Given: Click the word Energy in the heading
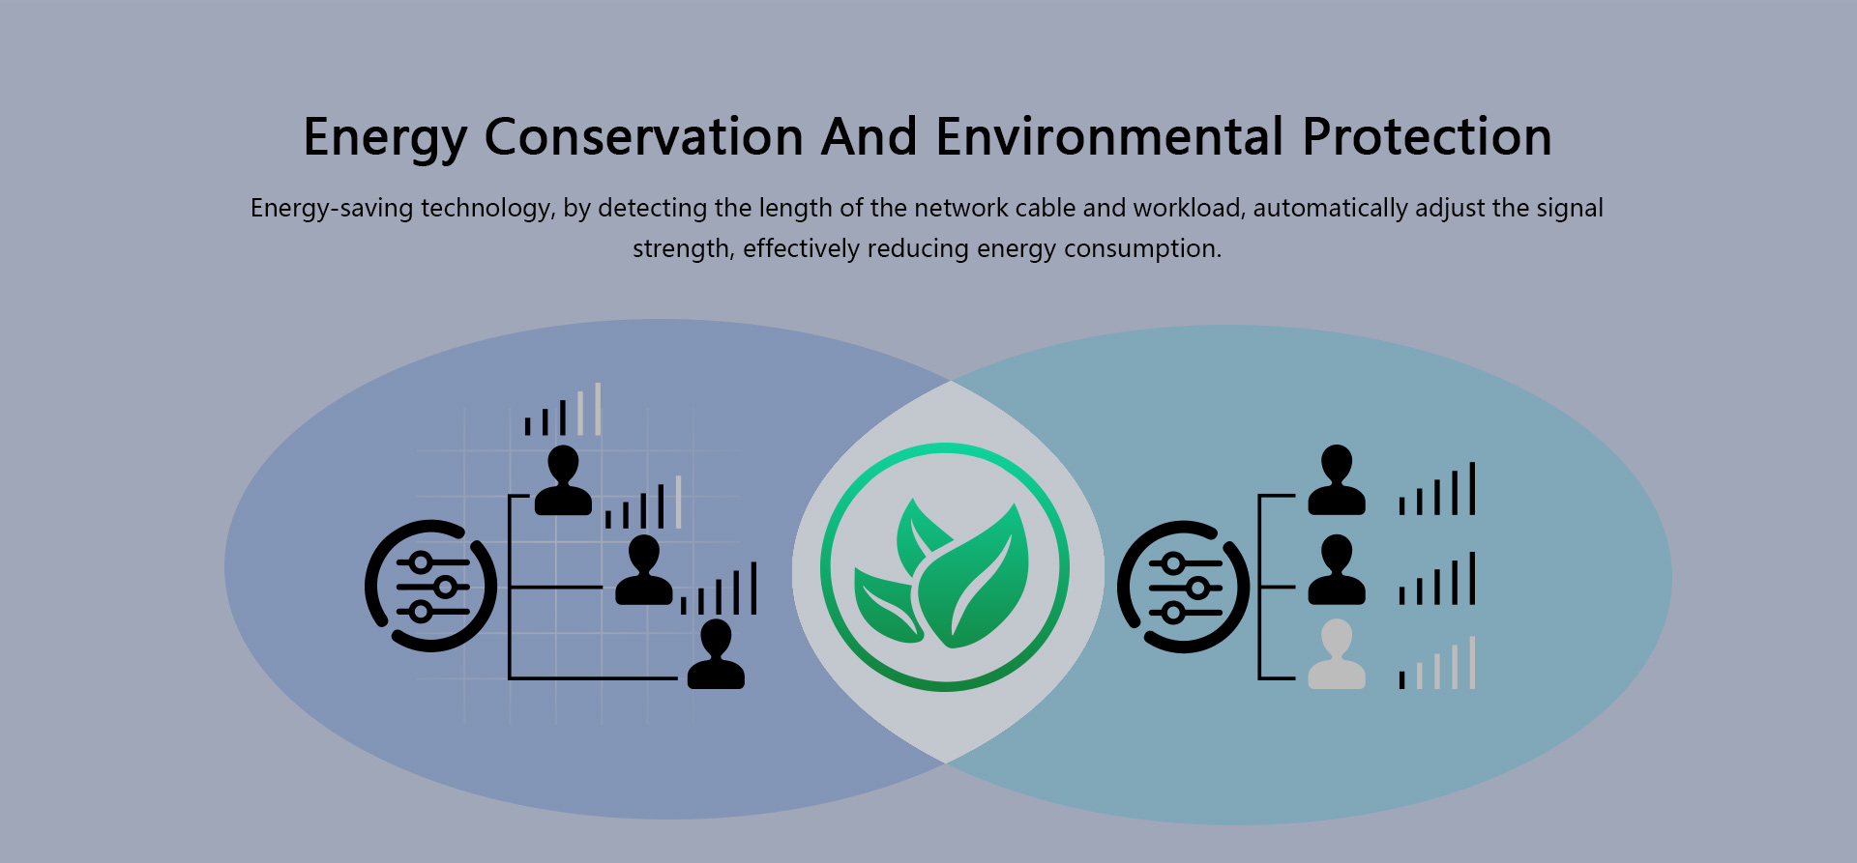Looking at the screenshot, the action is coord(385,137).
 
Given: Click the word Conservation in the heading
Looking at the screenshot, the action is coord(644,136).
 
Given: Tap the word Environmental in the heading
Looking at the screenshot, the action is coord(1110,136).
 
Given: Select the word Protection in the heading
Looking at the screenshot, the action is coord(1427,136).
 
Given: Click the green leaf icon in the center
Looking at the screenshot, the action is coord(945,567).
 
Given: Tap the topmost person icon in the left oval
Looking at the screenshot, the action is coord(563,479).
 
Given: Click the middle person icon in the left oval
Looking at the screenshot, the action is coord(643,570).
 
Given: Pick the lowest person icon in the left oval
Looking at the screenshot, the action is coord(716,654).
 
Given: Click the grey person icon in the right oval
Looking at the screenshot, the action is coord(1337,654).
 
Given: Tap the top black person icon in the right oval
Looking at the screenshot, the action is coord(1337,479).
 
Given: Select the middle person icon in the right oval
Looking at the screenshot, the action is coord(1337,570).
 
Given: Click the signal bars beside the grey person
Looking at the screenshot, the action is coord(1437,663).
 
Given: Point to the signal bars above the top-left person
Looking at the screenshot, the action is coord(563,409).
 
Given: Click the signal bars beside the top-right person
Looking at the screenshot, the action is coord(1437,488).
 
